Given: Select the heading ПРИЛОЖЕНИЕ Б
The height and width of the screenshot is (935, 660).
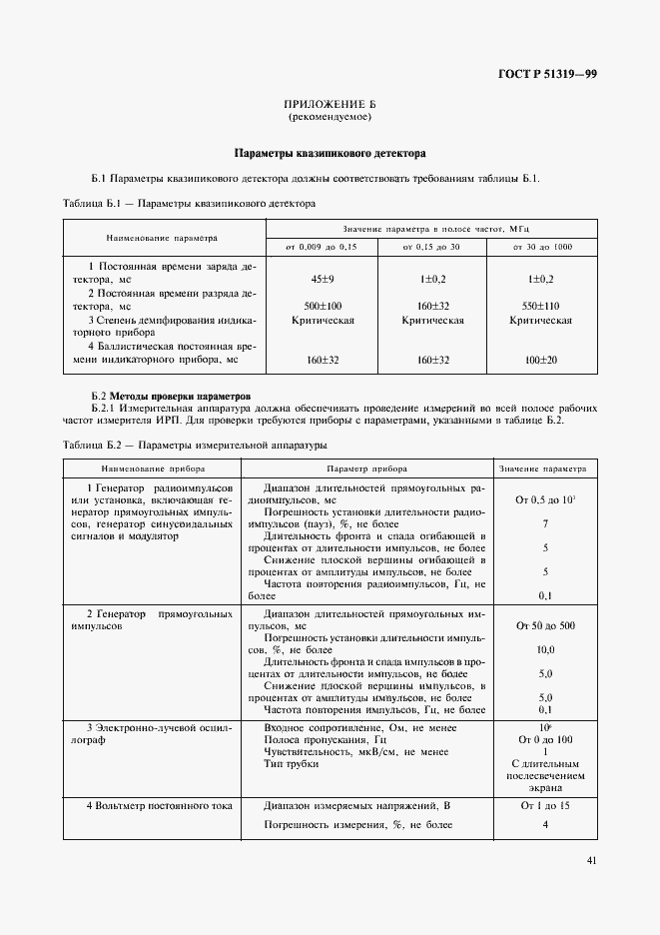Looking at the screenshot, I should coord(330,105).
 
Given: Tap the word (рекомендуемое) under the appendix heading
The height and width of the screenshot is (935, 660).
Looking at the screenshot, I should coord(330,118).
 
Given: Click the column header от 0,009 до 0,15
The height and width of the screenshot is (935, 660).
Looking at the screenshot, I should coord(321,246).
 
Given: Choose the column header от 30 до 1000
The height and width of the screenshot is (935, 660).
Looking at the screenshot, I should coord(542,246).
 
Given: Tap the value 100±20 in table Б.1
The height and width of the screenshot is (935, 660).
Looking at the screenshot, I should coord(541,358).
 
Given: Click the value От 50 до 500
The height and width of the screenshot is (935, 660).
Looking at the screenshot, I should coord(543,624).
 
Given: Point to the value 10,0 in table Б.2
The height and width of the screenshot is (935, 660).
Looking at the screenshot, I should coord(545,649).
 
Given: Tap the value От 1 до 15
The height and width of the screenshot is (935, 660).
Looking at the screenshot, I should coord(543,804).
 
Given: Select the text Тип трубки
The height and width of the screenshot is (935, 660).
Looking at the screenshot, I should coord(292,764).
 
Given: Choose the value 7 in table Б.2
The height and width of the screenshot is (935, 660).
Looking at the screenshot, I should coord(545,523).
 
